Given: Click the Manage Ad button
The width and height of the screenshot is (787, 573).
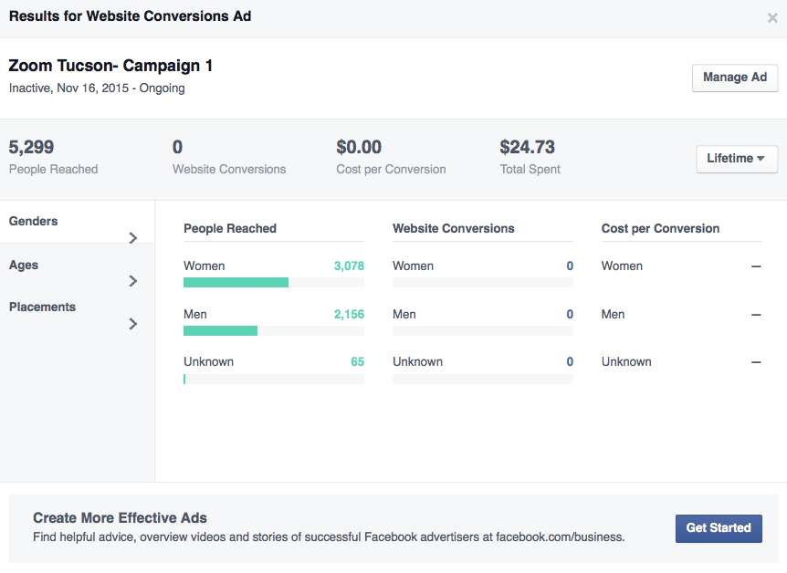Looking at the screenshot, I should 734,78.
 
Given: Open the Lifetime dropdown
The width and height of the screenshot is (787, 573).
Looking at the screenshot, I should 736,159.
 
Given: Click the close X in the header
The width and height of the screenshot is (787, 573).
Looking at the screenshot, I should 772,17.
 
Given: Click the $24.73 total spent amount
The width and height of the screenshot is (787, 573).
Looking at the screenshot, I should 527,147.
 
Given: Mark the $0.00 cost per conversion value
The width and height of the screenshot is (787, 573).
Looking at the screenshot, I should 359,147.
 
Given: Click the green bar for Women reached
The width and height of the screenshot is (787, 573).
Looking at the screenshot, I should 236,283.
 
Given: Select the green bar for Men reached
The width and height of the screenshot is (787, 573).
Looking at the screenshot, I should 220,330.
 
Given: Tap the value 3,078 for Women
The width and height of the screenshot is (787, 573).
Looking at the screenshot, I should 349,266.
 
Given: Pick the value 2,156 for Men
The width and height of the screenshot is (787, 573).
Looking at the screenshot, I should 349,315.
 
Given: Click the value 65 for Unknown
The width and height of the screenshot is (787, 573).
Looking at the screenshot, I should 357,362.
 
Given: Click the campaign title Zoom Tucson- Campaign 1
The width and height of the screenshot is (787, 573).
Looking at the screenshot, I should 110,66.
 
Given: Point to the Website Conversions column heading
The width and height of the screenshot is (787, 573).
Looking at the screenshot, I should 453,229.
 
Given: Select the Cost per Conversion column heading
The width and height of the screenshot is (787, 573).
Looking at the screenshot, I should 660,229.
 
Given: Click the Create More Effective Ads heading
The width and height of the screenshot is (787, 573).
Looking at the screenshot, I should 120,518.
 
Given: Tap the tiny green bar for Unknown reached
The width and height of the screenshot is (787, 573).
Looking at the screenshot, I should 184,379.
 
